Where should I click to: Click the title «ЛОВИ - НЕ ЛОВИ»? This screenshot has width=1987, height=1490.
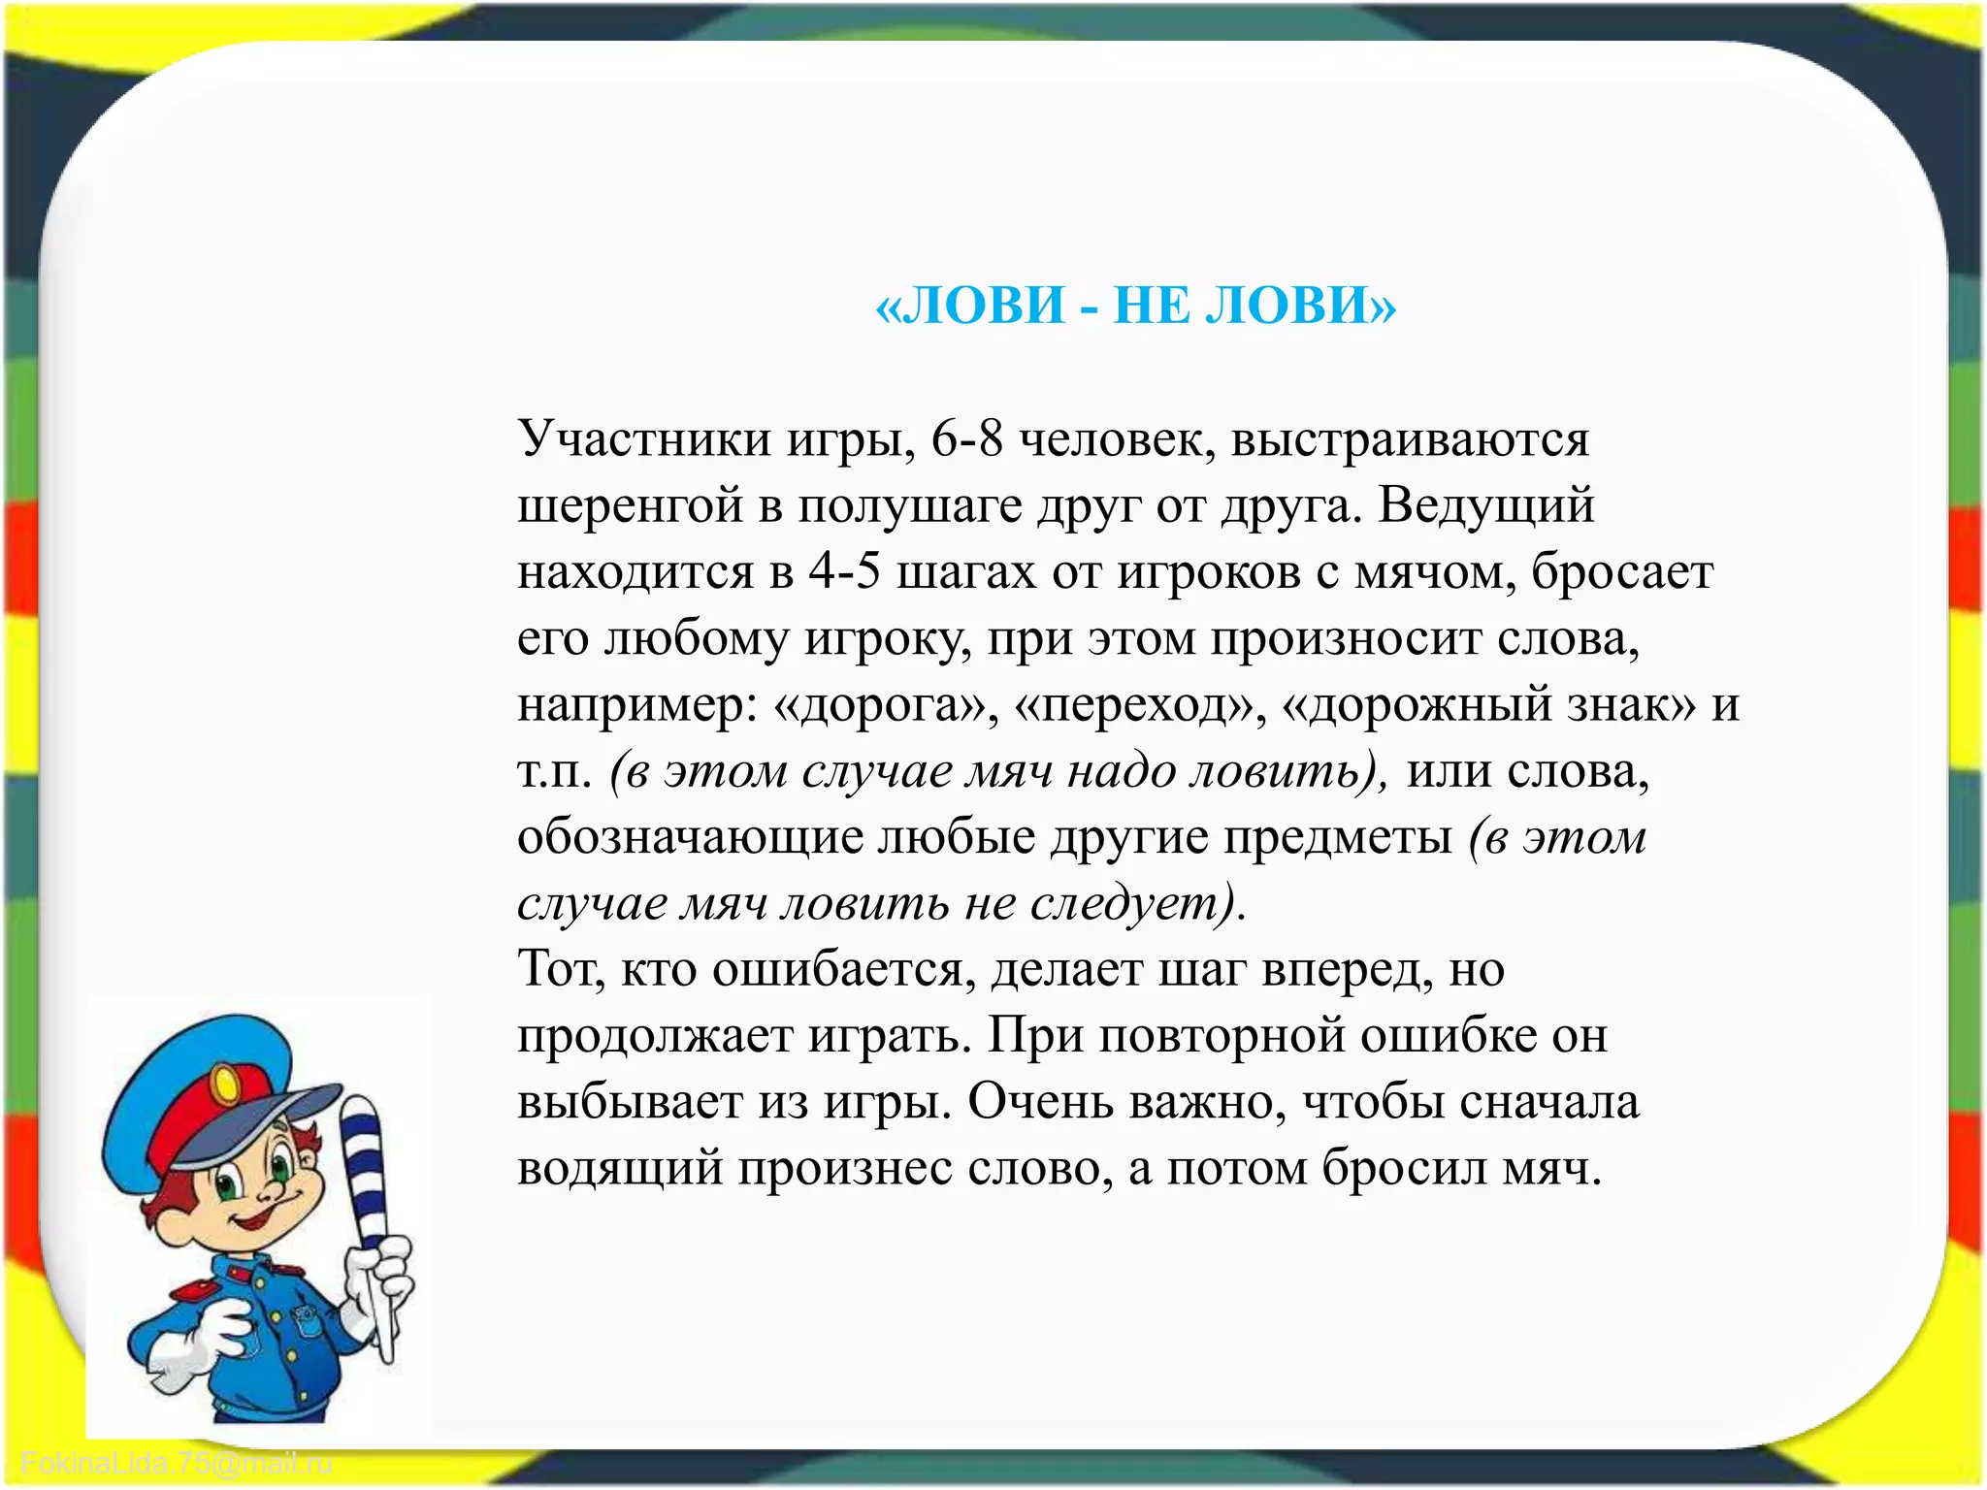point(1135,307)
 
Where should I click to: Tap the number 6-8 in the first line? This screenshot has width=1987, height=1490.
point(966,439)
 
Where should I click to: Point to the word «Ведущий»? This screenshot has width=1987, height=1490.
point(1485,506)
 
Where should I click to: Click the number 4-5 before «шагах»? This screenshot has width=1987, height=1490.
point(844,572)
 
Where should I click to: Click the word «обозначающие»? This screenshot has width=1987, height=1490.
point(690,838)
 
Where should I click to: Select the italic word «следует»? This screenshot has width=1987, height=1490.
point(1124,904)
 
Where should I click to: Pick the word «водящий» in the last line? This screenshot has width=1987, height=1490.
point(620,1169)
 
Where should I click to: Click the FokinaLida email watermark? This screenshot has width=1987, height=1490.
point(177,1464)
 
